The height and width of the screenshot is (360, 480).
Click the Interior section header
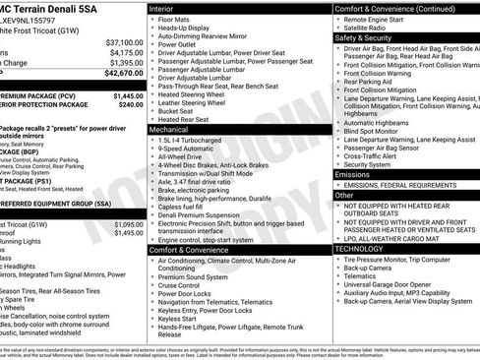click(x=167, y=8)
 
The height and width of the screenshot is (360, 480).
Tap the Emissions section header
click(x=356, y=174)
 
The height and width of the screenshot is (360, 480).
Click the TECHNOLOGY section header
click(x=361, y=249)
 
